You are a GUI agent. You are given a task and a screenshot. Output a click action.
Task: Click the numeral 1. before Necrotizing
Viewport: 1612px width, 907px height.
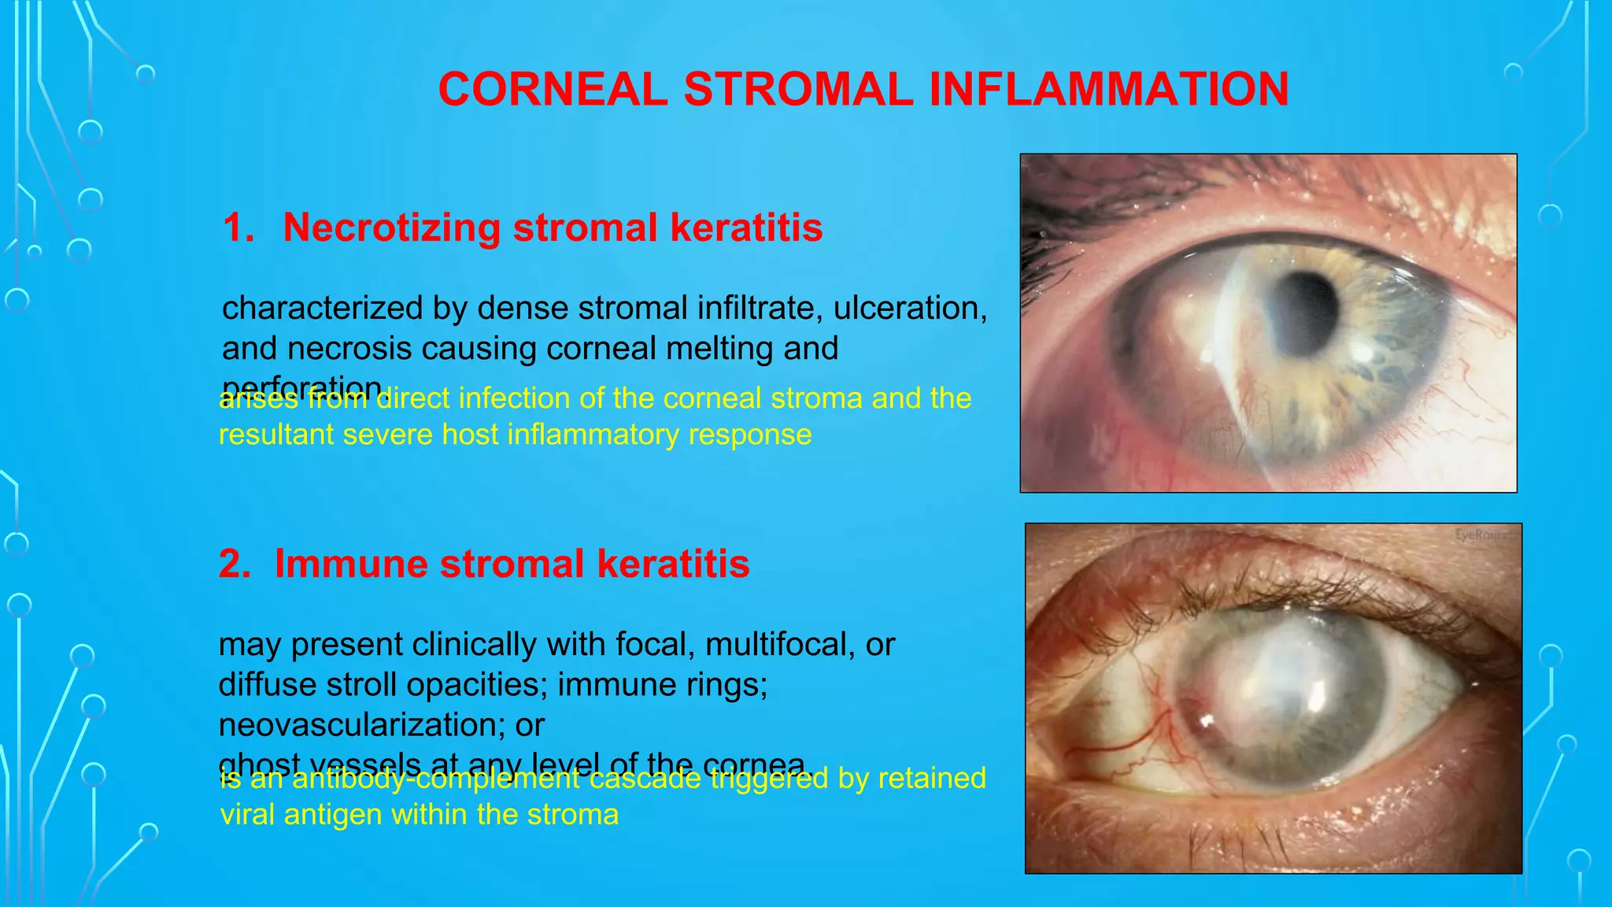[x=238, y=228]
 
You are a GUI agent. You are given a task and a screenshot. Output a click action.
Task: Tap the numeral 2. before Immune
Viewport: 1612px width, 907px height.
[x=235, y=564]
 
